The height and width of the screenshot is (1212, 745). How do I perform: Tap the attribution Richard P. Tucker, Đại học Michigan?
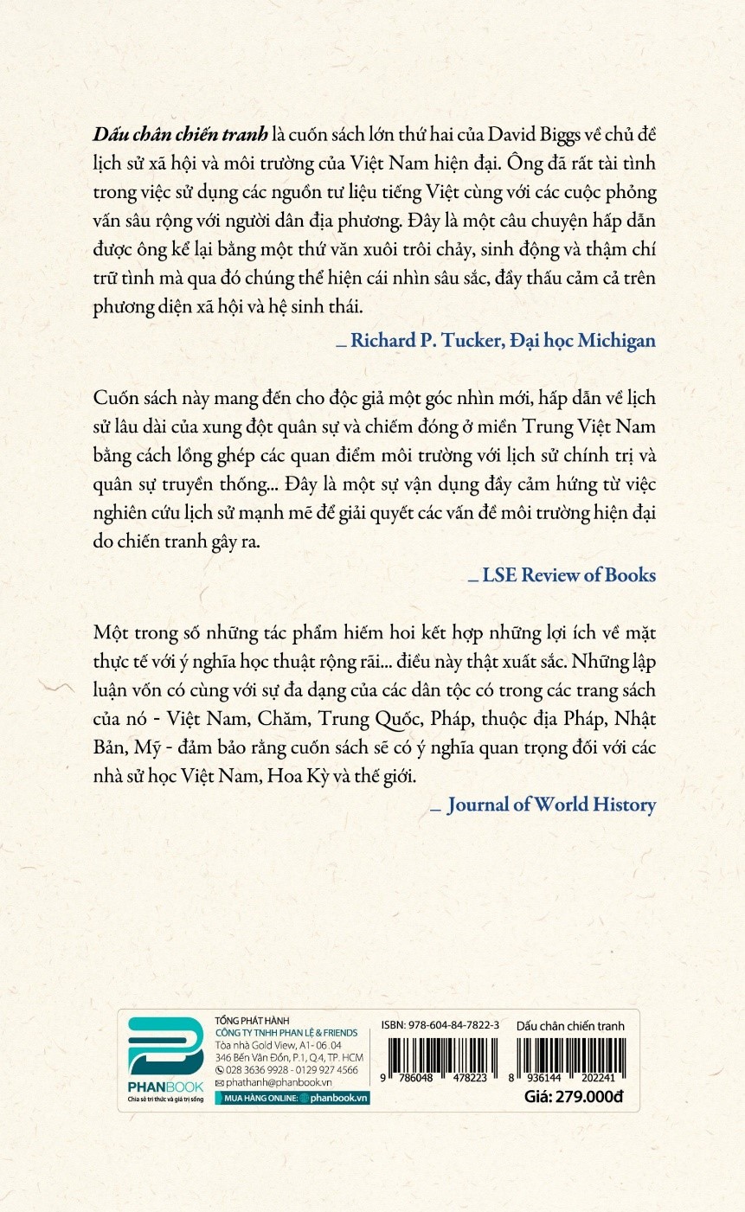[x=502, y=340]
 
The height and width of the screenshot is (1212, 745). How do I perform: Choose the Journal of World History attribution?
[x=551, y=805]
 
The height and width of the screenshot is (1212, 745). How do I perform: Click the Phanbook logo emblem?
[x=165, y=1048]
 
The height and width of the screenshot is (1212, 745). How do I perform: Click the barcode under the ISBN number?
[x=440, y=1061]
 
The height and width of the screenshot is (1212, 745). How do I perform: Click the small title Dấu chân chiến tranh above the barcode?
[x=569, y=1026]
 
